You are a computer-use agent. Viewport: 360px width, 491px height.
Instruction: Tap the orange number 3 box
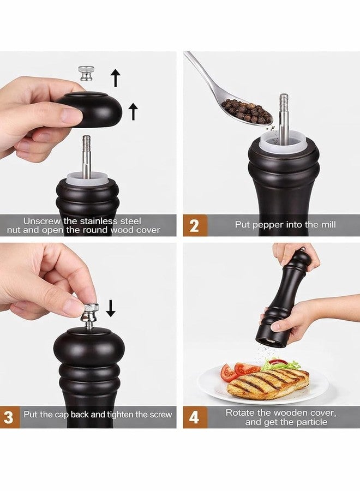[9, 417]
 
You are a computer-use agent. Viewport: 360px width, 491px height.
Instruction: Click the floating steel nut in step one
[86, 73]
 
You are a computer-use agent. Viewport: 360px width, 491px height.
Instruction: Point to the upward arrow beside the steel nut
[116, 78]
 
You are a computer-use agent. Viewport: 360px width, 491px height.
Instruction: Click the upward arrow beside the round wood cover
[133, 111]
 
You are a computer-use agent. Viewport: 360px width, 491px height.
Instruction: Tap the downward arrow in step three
[110, 308]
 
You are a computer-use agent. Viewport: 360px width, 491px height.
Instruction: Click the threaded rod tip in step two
[284, 100]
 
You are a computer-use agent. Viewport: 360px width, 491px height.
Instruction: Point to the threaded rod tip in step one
[86, 141]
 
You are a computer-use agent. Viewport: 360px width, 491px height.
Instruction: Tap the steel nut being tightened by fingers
[90, 313]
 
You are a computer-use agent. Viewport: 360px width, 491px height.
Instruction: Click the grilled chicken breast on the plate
[268, 384]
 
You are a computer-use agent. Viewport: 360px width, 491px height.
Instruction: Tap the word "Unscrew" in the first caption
[42, 221]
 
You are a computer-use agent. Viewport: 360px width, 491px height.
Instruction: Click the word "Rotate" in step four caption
[239, 413]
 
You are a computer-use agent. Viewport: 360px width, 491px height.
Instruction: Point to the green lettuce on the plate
[280, 364]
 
